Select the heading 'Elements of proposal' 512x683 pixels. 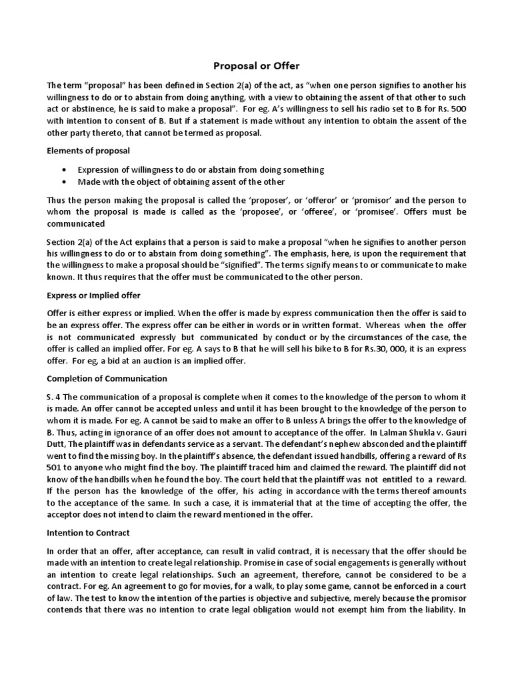click(88, 151)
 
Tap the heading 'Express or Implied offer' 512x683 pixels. click(93, 295)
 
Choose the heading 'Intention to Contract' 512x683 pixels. click(88, 533)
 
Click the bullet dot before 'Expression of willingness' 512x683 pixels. click(63, 170)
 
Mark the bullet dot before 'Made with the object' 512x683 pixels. click(63, 181)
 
